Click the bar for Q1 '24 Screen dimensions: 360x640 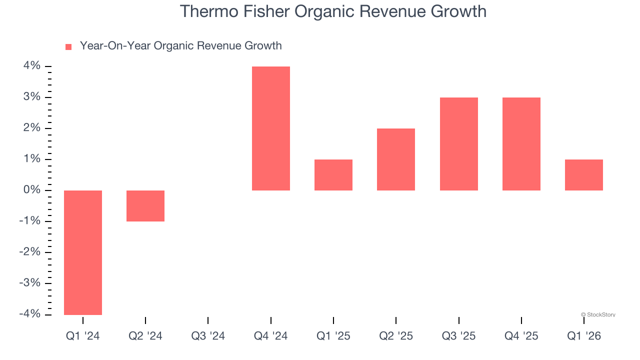pos(83,252)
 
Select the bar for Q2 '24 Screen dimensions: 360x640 pos(145,206)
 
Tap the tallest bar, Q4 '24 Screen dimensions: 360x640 pos(270,128)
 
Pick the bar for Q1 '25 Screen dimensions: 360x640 pos(333,175)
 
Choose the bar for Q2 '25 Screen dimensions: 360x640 pos(396,159)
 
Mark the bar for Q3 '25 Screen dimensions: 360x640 pos(458,144)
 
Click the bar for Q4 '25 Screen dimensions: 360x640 pos(521,144)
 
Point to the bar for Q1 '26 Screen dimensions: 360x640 pos(583,175)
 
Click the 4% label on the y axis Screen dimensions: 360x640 pos(30,66)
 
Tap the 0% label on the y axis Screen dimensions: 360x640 pos(30,190)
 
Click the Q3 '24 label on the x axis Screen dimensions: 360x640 pos(208,336)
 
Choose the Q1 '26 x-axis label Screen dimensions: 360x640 pos(583,336)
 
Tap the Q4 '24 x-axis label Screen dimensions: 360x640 pos(270,336)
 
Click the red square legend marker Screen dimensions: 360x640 pos(68,46)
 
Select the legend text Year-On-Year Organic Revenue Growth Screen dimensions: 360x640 pos(180,46)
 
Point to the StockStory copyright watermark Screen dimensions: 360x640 pos(598,314)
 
